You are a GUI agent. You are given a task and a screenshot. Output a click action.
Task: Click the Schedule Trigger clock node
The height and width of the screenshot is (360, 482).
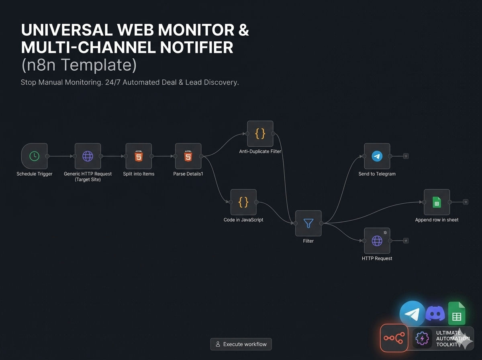click(x=34, y=156)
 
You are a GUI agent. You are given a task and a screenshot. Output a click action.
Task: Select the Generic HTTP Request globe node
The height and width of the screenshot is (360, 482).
click(x=88, y=156)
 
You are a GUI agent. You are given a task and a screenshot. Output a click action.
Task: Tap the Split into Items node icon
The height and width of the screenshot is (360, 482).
click(x=139, y=156)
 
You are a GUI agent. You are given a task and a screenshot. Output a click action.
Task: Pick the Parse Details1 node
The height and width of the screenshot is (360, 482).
click(x=188, y=156)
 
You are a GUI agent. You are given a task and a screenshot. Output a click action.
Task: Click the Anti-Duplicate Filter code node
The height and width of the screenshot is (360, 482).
click(x=260, y=133)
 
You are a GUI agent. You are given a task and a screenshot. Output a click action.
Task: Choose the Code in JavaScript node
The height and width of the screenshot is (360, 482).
click(x=243, y=202)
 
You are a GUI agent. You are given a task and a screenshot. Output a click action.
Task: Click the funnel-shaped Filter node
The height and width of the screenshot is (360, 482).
click(x=308, y=223)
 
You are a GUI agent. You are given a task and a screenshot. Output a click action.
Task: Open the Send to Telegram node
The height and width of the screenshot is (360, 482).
click(x=377, y=156)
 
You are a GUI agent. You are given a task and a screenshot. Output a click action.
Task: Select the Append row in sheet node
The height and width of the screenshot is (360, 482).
click(x=437, y=202)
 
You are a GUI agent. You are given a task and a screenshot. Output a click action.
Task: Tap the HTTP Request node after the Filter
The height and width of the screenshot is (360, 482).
click(x=377, y=241)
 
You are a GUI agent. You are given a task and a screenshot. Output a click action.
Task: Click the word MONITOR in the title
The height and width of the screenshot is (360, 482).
click(x=196, y=30)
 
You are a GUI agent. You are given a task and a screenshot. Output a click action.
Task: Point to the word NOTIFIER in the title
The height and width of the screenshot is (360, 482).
click(x=196, y=47)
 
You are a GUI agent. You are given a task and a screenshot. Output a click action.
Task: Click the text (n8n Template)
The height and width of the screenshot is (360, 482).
click(x=79, y=65)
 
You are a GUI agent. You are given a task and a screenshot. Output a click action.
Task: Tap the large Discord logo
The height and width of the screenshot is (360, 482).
click(x=435, y=313)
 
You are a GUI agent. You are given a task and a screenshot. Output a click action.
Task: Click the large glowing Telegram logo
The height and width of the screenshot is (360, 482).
click(x=412, y=314)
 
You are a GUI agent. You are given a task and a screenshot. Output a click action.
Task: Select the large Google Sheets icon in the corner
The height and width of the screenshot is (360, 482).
click(x=457, y=313)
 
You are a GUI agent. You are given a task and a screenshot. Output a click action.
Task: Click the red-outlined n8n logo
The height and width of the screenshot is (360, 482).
click(x=394, y=338)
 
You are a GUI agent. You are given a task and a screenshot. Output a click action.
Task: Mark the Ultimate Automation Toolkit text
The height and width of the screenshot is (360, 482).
click(x=453, y=339)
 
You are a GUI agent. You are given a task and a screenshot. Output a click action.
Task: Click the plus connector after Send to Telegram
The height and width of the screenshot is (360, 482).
click(x=406, y=156)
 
